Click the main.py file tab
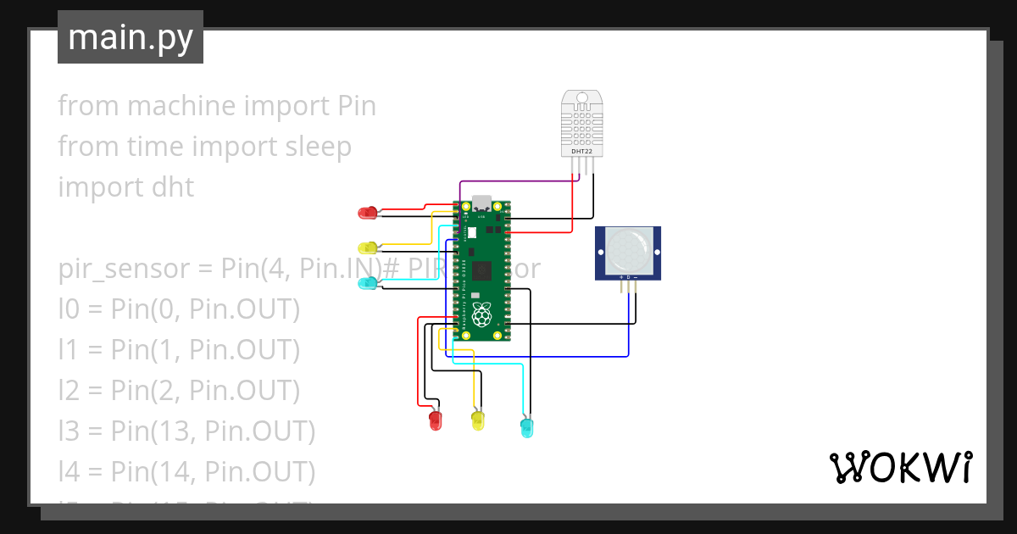[x=131, y=37]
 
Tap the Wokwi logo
[x=900, y=467]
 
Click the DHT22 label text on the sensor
[x=581, y=151]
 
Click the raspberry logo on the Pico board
[x=481, y=317]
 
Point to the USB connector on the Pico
[x=481, y=204]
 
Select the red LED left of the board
[x=368, y=213]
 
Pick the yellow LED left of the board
[x=368, y=248]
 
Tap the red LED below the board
[x=436, y=420]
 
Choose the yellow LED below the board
[x=478, y=420]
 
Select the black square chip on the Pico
[x=481, y=270]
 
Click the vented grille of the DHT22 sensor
[x=581, y=126]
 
